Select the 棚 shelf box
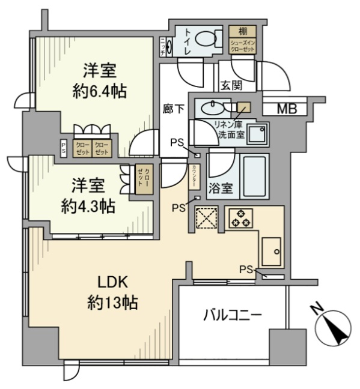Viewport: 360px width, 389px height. pos(242,31)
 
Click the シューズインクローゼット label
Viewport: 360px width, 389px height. pos(242,46)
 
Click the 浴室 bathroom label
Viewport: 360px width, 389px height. pos(221,189)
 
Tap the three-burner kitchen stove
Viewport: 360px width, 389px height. pos(240,219)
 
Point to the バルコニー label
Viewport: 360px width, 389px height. pos(232,315)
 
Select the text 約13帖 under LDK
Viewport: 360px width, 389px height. pos(110,302)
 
